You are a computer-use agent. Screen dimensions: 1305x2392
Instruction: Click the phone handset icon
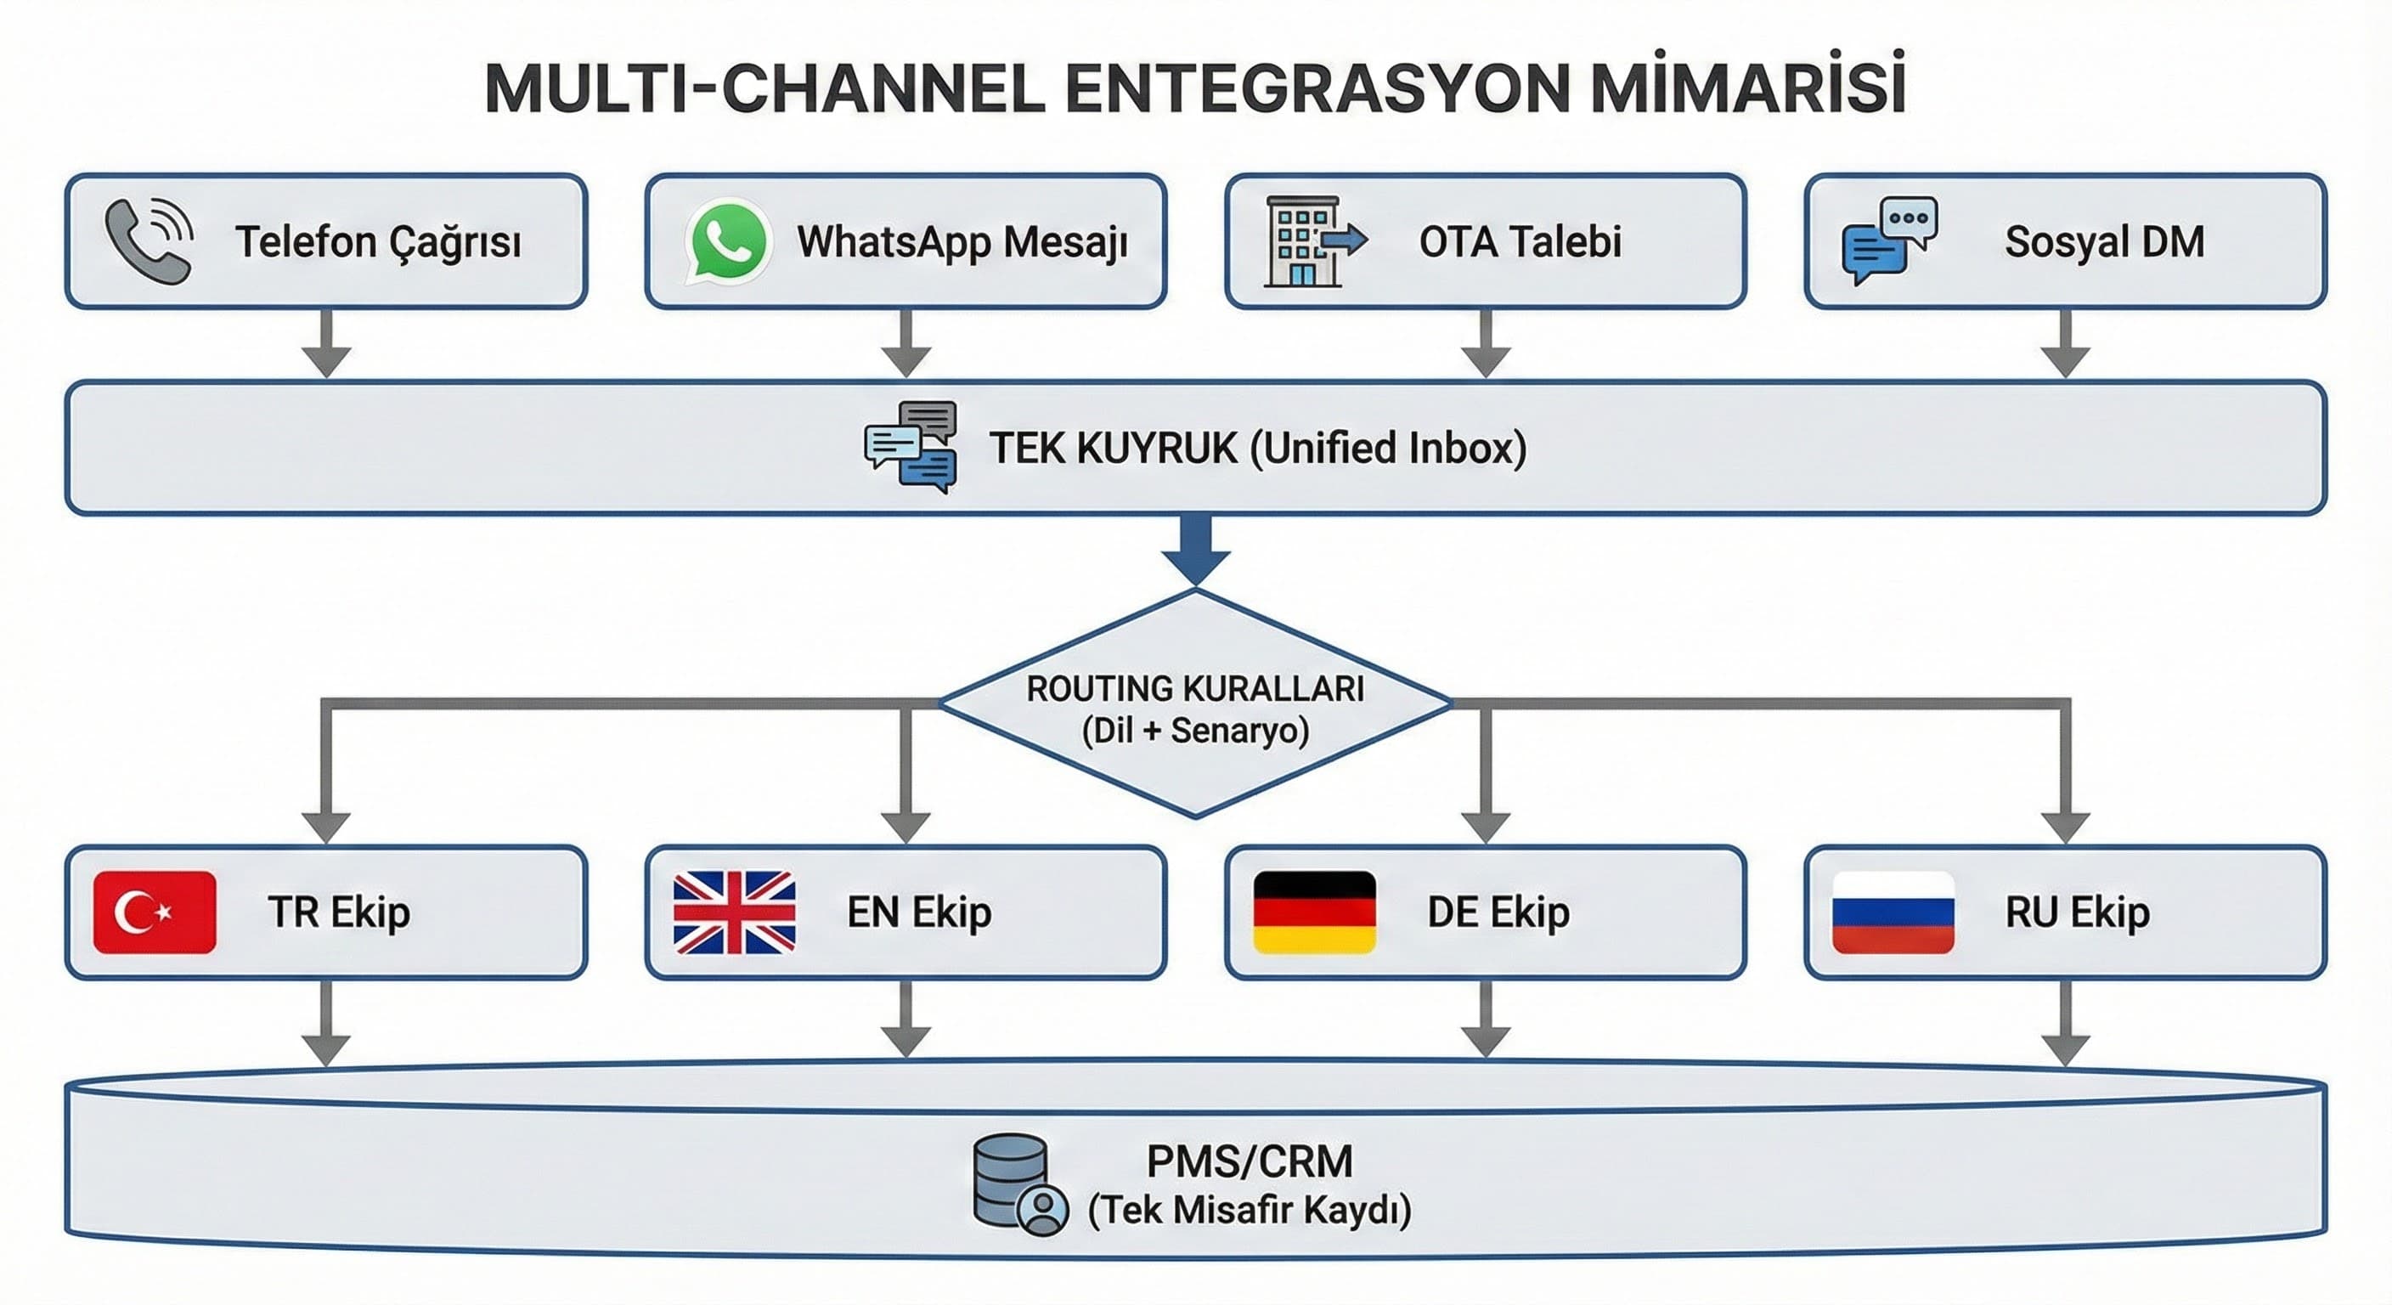pyautogui.click(x=149, y=241)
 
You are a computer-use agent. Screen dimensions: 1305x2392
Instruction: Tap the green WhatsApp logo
pyautogui.click(x=728, y=240)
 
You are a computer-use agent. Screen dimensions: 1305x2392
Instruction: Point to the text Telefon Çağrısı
pyautogui.click(x=378, y=242)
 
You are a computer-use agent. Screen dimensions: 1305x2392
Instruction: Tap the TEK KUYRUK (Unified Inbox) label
pyautogui.click(x=1257, y=448)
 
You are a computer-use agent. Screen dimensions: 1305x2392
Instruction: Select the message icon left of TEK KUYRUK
pyautogui.click(x=910, y=447)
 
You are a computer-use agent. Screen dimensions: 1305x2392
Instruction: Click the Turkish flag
pyautogui.click(x=155, y=912)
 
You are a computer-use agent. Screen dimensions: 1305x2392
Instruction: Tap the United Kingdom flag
pyautogui.click(x=734, y=912)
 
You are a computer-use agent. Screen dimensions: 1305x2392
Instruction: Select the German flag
pyautogui.click(x=1314, y=912)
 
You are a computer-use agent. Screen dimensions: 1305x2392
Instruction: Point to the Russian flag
pyautogui.click(x=1893, y=912)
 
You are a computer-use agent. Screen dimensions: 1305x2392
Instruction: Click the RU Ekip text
pyautogui.click(x=2077, y=912)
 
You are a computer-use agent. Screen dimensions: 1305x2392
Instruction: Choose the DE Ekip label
pyautogui.click(x=1498, y=912)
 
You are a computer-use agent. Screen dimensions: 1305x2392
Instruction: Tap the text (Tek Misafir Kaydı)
pyautogui.click(x=1249, y=1210)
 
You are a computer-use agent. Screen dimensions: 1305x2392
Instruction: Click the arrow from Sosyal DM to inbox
pyautogui.click(x=2065, y=343)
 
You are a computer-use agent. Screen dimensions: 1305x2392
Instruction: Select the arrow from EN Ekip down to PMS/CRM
pyautogui.click(x=905, y=1020)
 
